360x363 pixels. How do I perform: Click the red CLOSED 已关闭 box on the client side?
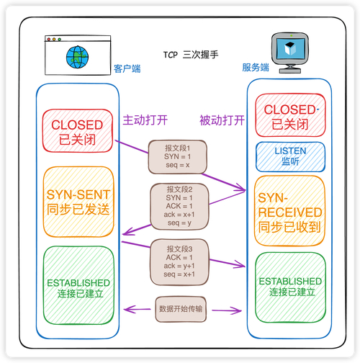click(77, 131)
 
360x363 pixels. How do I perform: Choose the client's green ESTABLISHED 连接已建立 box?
click(77, 287)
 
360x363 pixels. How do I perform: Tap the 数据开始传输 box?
click(180, 308)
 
